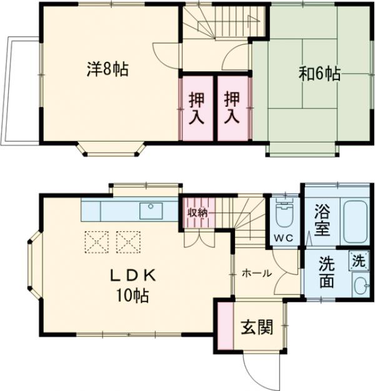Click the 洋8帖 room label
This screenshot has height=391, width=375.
tap(107, 69)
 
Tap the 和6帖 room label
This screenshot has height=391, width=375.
tap(319, 74)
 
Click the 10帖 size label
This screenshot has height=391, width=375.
tap(132, 296)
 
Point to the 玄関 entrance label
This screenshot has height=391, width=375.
tap(257, 327)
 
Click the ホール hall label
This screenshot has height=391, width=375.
tap(256, 273)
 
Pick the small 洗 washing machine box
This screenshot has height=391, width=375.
tap(358, 261)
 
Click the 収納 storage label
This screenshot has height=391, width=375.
tap(197, 212)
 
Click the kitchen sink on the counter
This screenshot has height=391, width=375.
tap(151, 210)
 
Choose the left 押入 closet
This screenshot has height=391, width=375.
tap(197, 107)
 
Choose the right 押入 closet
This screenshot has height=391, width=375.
tap(232, 107)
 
